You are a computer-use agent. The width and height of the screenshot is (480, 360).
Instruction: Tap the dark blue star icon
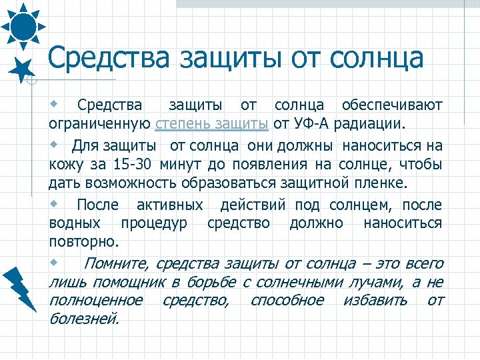[23, 68]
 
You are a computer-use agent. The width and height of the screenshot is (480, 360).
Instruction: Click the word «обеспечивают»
[391, 105]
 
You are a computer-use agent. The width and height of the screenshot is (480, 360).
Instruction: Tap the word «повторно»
[83, 241]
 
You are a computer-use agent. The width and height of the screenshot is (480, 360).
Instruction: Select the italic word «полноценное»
[95, 300]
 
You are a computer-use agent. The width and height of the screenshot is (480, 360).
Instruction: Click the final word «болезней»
[84, 319]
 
